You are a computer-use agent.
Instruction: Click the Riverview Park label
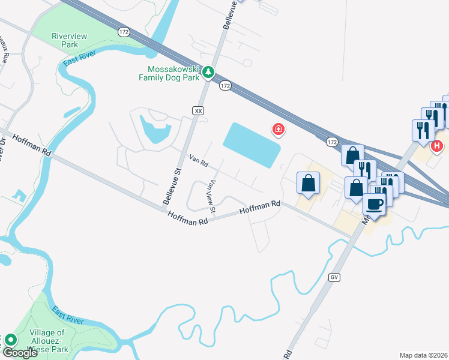coord(70,40)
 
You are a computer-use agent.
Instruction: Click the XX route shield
coord(199,110)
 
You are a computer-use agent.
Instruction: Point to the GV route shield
coord(334,277)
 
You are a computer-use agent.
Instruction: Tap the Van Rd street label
coord(198,161)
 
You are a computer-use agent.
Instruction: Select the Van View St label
coord(211,197)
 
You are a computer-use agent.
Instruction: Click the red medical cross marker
coord(278,129)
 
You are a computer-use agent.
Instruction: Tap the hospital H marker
coord(437,145)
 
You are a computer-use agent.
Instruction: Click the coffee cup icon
coord(374,204)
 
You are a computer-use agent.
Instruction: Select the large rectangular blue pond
coord(252,145)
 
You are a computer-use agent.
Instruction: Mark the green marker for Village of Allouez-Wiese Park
coord(10,340)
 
